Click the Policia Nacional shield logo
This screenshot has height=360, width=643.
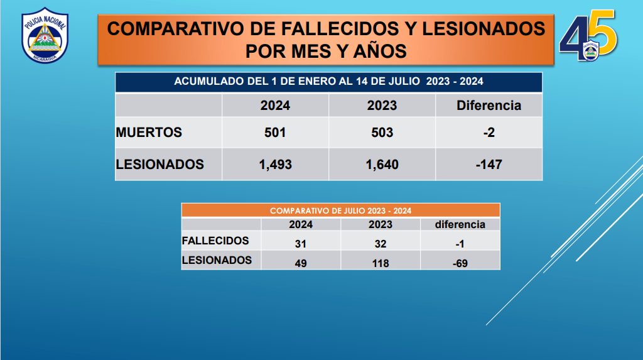point(45,35)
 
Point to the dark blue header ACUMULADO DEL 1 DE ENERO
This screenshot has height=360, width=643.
point(328,82)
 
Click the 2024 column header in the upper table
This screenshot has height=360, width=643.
point(275,106)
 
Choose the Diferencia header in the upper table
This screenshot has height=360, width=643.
point(489,106)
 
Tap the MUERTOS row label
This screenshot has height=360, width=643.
point(149,133)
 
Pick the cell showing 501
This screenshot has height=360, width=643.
point(275,133)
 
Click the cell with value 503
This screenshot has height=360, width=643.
point(382,133)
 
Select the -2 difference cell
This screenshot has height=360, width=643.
point(489,133)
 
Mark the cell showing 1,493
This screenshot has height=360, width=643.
point(275,165)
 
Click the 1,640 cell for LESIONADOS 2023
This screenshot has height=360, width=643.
point(382,165)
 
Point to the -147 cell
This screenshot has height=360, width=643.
point(489,165)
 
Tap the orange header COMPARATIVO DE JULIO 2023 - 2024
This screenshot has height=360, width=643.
point(341,211)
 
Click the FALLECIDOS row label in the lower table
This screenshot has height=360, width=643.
point(215,241)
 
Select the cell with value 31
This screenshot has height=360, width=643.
point(301,244)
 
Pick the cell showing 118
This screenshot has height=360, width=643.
point(381,263)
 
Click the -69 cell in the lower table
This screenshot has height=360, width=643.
point(460,263)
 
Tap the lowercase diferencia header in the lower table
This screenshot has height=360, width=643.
point(460,224)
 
